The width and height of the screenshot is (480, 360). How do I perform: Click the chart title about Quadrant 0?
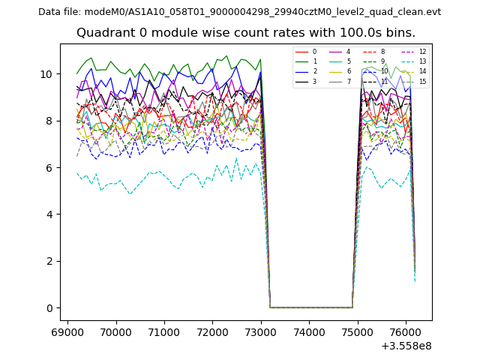(x=246, y=33)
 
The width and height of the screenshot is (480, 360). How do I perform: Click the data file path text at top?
(x=239, y=12)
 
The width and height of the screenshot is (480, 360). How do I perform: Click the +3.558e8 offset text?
(x=406, y=346)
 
